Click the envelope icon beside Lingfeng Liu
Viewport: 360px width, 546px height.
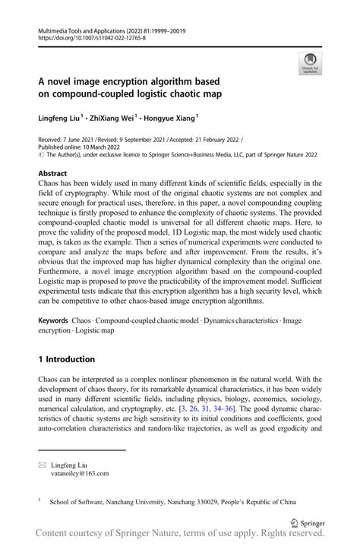pyautogui.click(x=43, y=463)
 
